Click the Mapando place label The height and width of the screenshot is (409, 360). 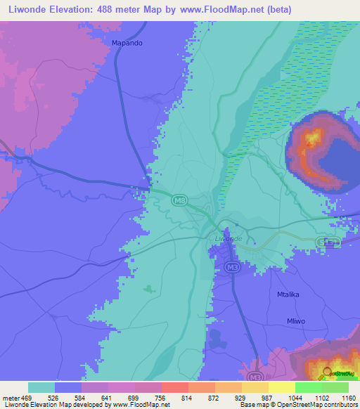[127, 43]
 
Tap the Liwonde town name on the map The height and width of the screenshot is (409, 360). [228, 239]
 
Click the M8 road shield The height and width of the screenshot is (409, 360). [180, 201]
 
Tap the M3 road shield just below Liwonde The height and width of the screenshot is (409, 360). [233, 267]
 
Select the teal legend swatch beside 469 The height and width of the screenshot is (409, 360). [41, 387]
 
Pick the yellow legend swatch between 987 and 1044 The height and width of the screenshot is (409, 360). [281, 387]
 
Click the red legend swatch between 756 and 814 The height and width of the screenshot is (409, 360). [174, 387]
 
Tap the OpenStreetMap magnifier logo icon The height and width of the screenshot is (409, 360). [328, 372]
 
